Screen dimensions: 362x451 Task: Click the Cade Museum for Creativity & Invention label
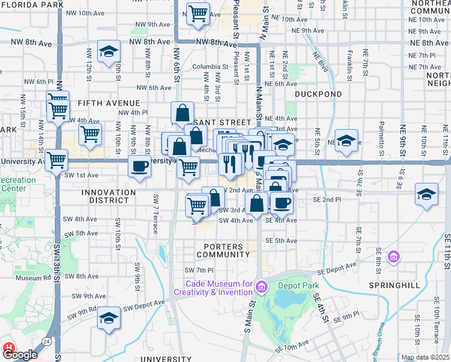click(x=213, y=288)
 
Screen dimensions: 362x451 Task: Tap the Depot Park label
click(x=297, y=286)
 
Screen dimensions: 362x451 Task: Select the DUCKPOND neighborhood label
click(x=318, y=94)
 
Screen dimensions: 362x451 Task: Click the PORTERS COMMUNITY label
click(x=223, y=250)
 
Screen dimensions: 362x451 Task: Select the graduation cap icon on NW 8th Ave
click(x=109, y=52)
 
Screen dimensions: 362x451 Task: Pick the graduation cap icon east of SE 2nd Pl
click(x=426, y=195)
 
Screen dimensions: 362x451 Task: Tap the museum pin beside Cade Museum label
click(x=260, y=285)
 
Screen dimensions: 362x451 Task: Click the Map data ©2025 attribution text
click(x=425, y=357)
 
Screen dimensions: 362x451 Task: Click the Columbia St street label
click(x=210, y=67)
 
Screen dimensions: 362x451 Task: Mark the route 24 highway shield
click(x=46, y=341)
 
